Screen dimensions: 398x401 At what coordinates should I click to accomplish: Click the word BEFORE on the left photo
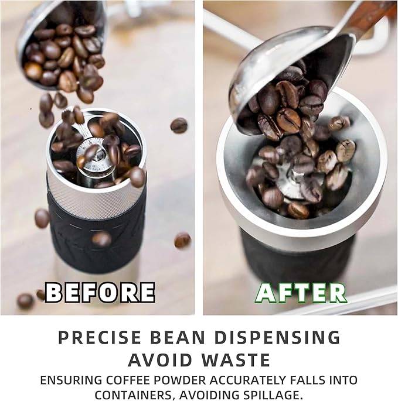click(x=100, y=292)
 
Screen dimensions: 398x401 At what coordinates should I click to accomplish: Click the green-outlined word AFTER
click(x=301, y=293)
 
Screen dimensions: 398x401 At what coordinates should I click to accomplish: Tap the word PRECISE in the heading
click(x=100, y=337)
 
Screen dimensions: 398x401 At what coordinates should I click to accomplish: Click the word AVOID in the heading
click(x=160, y=360)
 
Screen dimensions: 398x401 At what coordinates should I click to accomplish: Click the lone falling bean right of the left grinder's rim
click(x=179, y=125)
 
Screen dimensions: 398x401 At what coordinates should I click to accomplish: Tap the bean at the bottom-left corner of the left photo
click(x=25, y=301)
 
